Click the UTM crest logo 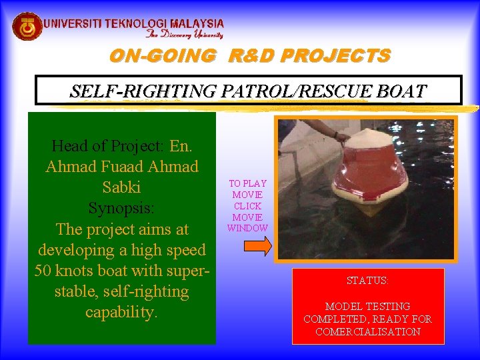point(27,27)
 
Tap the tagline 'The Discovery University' point(184,35)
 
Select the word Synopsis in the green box point(121,208)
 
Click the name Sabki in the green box point(121,187)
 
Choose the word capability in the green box point(121,312)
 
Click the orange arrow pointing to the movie point(257,247)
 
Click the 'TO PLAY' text point(247,183)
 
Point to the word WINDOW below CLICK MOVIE point(247,228)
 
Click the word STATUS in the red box point(367,281)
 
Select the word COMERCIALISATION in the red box point(367,331)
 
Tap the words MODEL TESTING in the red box point(367,307)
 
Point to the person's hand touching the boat point(343,138)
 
